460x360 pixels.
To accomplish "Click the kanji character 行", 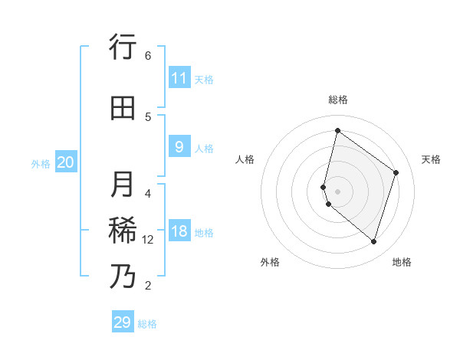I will [x=123, y=47].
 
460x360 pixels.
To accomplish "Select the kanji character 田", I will [x=123, y=108].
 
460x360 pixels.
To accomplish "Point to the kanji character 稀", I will [x=123, y=231].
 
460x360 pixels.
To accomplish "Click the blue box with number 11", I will [x=179, y=78].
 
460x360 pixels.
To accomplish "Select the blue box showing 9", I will [x=179, y=147].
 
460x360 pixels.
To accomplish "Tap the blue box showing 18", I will [x=179, y=232].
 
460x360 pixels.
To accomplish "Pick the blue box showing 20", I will [x=65, y=162].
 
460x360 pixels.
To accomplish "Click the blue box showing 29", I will [x=122, y=322].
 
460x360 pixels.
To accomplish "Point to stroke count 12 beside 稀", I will [x=148, y=240].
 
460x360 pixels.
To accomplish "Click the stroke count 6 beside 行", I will [x=148, y=56].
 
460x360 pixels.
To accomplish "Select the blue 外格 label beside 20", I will [x=41, y=163].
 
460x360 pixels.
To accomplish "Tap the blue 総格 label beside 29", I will [x=147, y=324].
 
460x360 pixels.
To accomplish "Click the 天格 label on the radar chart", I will [x=431, y=159].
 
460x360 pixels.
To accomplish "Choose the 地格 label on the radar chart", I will [x=402, y=262].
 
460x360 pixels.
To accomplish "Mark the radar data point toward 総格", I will [x=337, y=130].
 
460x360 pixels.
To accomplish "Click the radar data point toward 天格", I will [x=396, y=172].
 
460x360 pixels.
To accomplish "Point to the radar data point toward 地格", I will [x=373, y=241].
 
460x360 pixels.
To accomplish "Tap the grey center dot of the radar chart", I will [x=337, y=191].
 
